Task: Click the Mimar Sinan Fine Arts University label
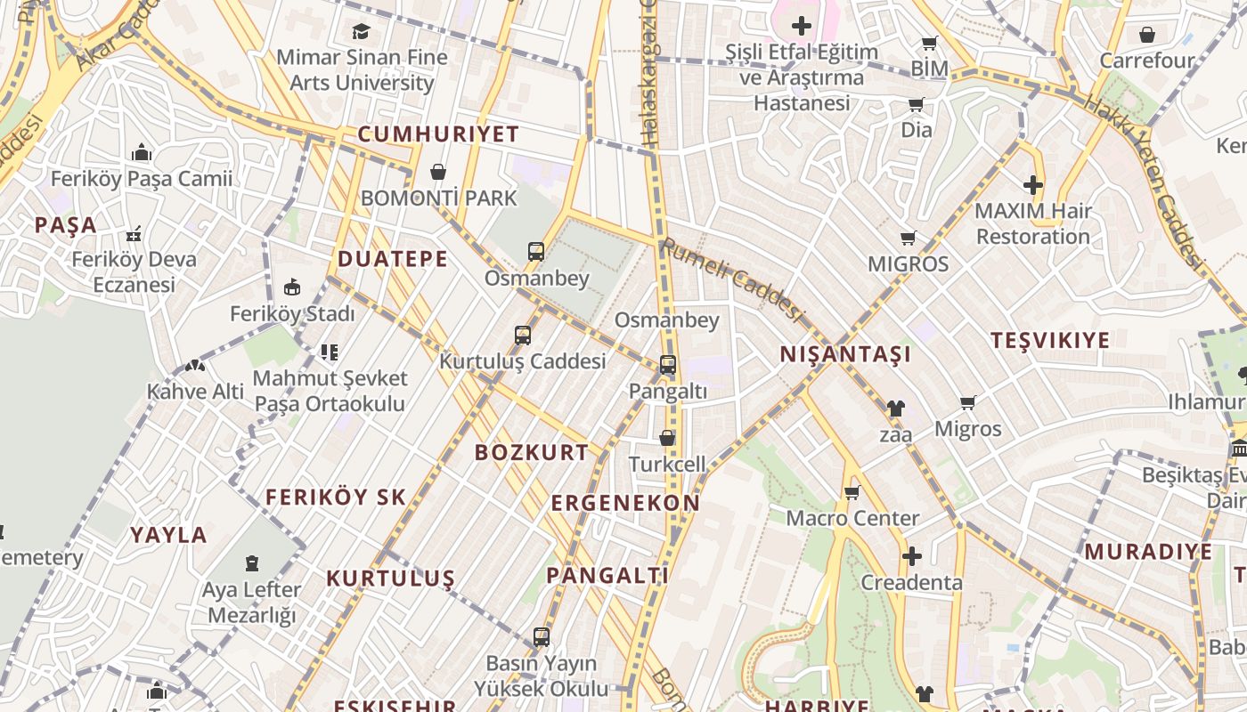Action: click(x=361, y=70)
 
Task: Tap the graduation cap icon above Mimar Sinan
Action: click(x=361, y=32)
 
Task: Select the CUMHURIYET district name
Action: click(x=438, y=134)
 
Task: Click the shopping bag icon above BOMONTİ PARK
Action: click(x=438, y=171)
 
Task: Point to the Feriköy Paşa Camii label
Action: click(x=142, y=178)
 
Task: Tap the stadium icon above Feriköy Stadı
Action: click(x=292, y=287)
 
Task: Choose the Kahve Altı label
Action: click(x=195, y=391)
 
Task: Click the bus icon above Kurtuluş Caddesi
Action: click(x=523, y=336)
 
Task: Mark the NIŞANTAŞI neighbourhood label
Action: click(x=845, y=354)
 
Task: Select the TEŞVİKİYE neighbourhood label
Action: click(x=1050, y=340)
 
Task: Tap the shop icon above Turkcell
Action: click(x=667, y=438)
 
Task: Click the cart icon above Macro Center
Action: click(x=852, y=492)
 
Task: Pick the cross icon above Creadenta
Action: click(x=911, y=557)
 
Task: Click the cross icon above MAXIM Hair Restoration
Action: click(x=1033, y=185)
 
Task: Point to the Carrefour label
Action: click(x=1147, y=61)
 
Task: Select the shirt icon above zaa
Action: click(x=895, y=409)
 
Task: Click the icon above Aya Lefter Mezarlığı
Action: click(x=252, y=563)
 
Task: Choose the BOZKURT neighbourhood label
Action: click(x=532, y=452)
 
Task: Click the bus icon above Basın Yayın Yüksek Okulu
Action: click(x=542, y=637)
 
